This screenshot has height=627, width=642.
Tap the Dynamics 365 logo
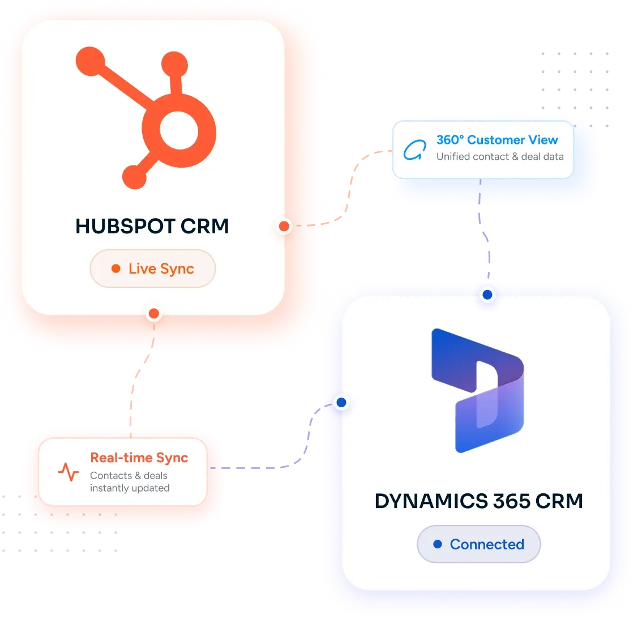(477, 390)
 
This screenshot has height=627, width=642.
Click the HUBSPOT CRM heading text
(152, 226)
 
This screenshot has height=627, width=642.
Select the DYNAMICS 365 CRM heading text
(478, 501)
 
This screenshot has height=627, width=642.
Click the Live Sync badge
(153, 268)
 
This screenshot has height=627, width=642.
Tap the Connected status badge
(478, 544)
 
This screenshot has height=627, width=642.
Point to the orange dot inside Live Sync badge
(116, 268)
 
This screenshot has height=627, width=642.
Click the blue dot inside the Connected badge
(438, 544)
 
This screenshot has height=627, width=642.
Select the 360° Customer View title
(497, 140)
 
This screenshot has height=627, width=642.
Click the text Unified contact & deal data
(500, 156)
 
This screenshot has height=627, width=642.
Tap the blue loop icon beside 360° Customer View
(414, 150)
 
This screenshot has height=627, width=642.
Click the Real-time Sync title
(139, 458)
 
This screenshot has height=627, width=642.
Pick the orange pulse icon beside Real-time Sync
(69, 472)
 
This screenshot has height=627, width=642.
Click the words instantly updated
(130, 488)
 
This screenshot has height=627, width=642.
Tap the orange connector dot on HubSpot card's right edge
(284, 226)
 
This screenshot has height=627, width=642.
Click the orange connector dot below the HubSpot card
(154, 314)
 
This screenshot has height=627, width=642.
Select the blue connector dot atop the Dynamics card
(487, 295)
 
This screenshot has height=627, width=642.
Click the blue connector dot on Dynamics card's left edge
(341, 403)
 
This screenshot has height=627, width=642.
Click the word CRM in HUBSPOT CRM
(205, 226)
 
